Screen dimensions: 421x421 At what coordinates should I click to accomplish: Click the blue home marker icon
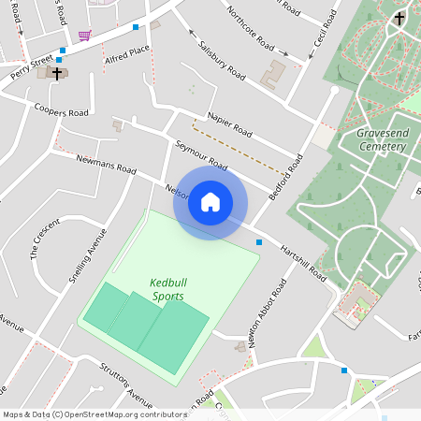210,202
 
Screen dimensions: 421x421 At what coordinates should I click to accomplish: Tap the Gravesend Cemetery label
381,140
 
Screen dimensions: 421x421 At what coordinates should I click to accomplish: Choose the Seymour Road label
201,154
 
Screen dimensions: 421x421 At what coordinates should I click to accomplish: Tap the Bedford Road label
286,178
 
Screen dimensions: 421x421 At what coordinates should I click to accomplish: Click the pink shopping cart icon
85,36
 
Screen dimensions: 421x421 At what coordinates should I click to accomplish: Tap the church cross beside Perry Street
58,72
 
